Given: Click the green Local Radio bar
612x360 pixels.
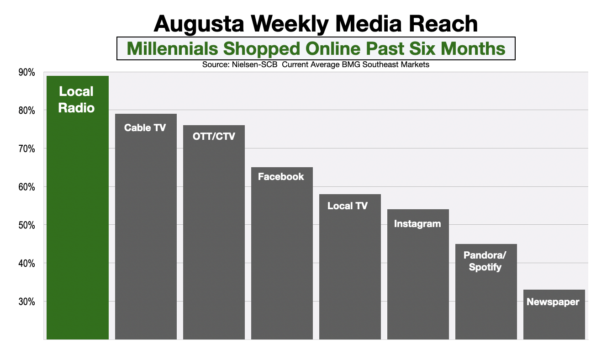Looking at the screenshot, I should [78, 208].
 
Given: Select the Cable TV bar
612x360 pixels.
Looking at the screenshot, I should [146, 227].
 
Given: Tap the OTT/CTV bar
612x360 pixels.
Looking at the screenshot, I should [214, 232].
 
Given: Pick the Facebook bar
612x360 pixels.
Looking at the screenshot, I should [282, 253].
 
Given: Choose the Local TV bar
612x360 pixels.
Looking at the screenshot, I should [350, 267].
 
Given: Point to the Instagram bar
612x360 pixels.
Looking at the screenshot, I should [418, 274].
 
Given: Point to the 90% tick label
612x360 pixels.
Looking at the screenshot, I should [27, 72].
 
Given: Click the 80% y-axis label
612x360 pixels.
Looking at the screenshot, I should [27, 111].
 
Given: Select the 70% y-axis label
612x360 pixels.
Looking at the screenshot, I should [27, 148].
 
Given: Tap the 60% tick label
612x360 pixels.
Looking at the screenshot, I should [27, 187].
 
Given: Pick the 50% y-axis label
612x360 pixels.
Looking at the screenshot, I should [27, 225].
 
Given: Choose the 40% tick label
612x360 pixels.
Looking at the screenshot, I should [27, 263].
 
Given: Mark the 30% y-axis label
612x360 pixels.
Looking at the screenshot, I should [27, 302].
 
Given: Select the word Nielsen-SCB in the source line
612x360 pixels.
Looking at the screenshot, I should [252, 65].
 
